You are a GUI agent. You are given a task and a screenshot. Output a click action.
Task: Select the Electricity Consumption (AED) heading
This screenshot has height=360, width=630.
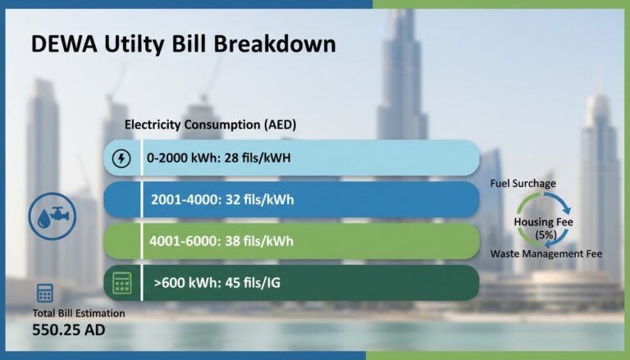pyautogui.click(x=210, y=125)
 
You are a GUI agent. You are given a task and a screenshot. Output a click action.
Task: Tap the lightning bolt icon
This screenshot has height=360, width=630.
pyautogui.click(x=121, y=157)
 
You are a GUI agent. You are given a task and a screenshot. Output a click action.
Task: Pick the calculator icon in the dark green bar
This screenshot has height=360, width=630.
pyautogui.click(x=121, y=284)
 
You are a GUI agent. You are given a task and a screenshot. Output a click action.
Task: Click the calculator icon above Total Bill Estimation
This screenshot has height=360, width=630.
pyautogui.click(x=44, y=294)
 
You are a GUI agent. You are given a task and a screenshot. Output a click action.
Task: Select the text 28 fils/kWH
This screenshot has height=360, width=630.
pyautogui.click(x=259, y=157)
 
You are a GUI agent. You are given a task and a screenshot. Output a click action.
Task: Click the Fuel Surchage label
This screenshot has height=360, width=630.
pyautogui.click(x=523, y=183)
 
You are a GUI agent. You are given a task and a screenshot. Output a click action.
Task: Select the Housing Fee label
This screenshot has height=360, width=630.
pyautogui.click(x=543, y=222)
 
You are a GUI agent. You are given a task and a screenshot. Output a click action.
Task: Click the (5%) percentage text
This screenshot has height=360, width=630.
pyautogui.click(x=544, y=235)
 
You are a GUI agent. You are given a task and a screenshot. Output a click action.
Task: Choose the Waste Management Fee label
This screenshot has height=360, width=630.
pyautogui.click(x=546, y=254)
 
